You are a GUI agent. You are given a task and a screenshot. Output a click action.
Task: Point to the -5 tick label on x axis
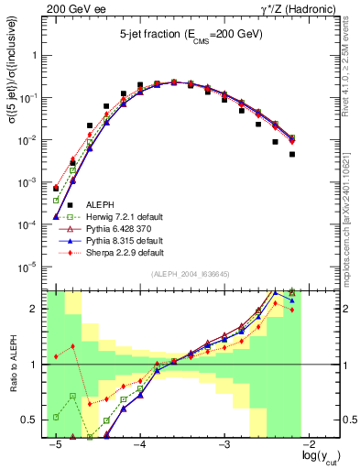[55, 445]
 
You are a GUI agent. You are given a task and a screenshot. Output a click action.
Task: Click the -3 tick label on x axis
[224, 445]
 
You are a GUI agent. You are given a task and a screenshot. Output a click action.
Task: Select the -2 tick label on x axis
[310, 445]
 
